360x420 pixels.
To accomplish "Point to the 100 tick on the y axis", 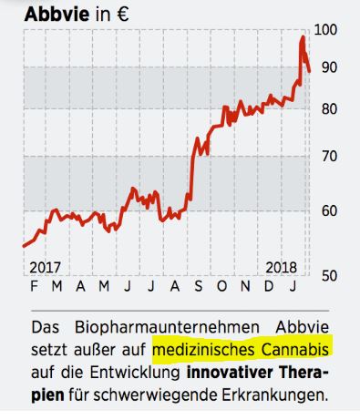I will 324,30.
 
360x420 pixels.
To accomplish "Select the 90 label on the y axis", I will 328,67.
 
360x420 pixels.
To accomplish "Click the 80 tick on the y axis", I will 328,109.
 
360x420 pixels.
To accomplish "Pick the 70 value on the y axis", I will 328,156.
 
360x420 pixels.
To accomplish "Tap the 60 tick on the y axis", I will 328,210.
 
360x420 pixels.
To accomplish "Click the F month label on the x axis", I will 33,287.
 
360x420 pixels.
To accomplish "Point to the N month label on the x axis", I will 246,287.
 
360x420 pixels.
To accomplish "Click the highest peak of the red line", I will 303,37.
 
